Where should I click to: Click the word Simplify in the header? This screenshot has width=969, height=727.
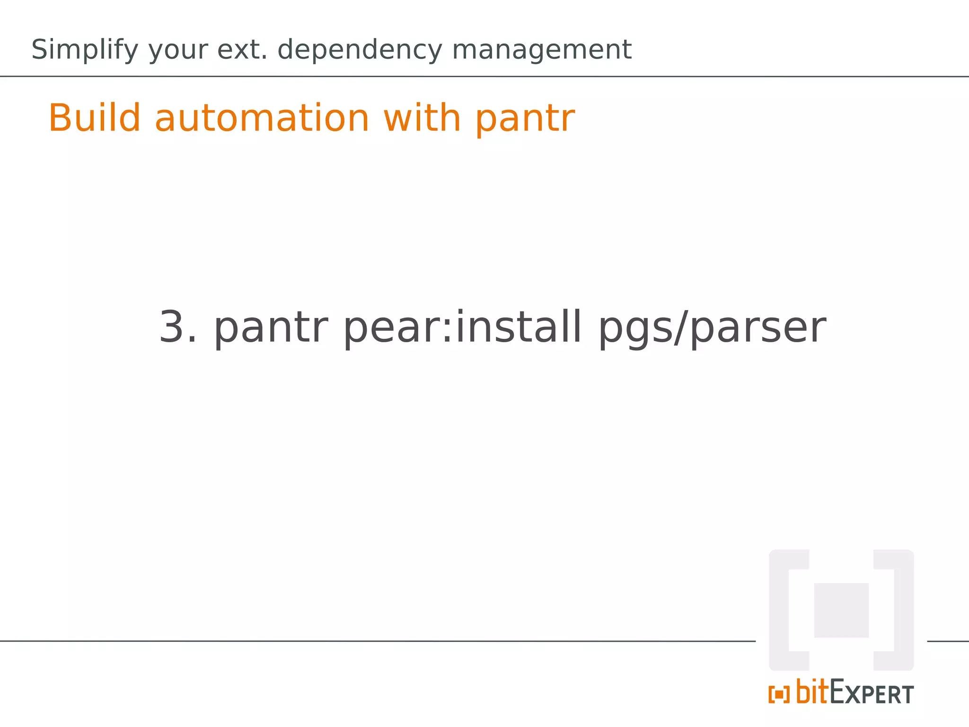[85, 50]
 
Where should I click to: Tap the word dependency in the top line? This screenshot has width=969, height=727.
[360, 50]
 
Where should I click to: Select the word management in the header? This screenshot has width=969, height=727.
[542, 50]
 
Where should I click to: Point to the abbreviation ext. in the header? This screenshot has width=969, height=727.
[242, 50]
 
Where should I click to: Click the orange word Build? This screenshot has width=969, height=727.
[95, 118]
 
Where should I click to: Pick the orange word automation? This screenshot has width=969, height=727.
[262, 118]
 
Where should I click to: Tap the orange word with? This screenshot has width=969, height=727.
[422, 118]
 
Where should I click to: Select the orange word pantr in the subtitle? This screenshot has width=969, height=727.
[525, 118]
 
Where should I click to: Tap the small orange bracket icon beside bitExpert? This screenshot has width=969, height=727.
[779, 694]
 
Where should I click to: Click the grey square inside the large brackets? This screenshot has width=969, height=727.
[841, 610]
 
